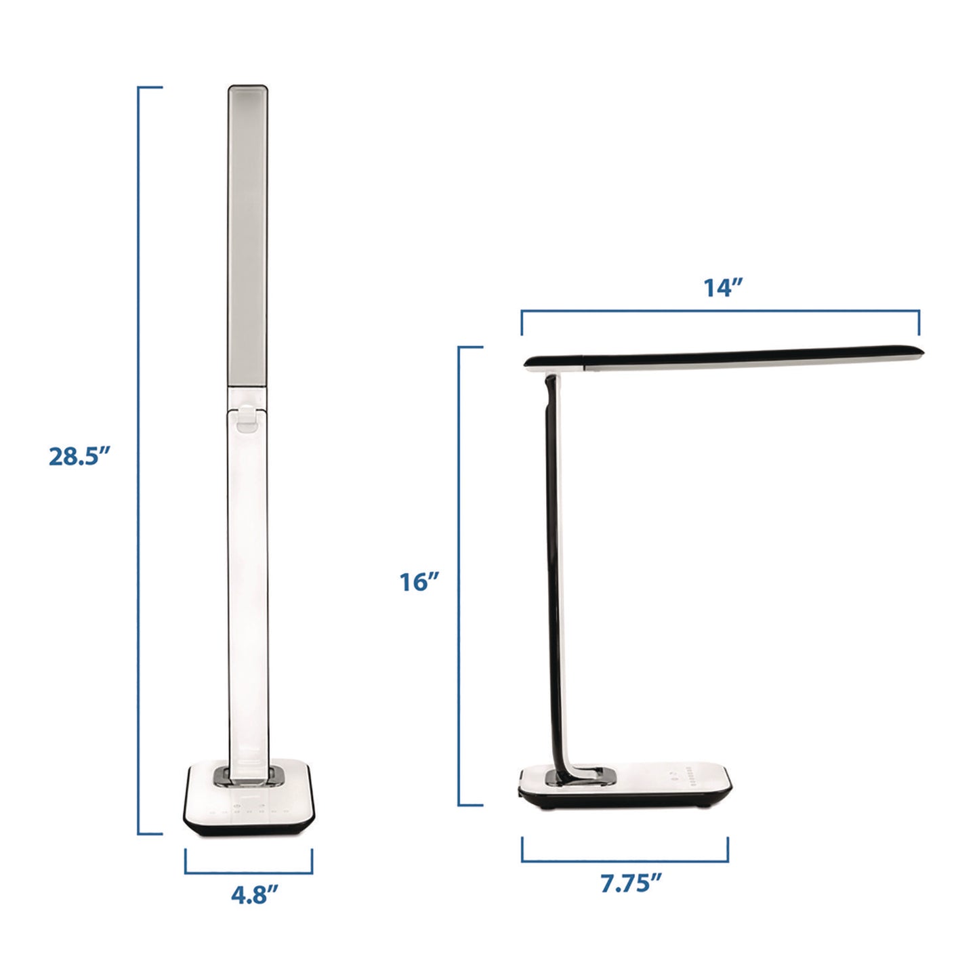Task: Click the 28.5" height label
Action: (x=79, y=456)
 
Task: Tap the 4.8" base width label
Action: (x=254, y=895)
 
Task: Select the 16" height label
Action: (x=419, y=582)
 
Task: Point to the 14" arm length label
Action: (x=723, y=287)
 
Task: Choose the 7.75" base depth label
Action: (x=630, y=883)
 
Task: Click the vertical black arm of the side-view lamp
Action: (x=552, y=576)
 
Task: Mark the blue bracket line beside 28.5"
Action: (x=139, y=461)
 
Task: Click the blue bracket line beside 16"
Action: (x=459, y=576)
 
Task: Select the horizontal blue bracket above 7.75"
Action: (x=625, y=861)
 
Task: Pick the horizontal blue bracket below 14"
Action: (x=720, y=312)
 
